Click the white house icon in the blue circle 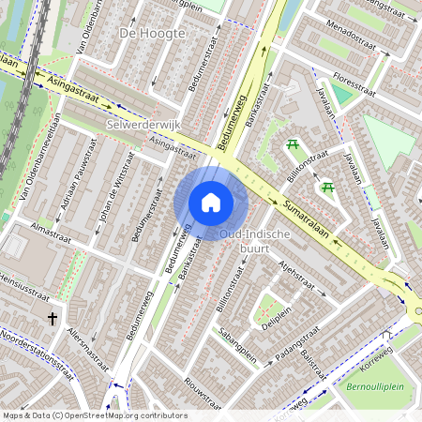[x=211, y=202]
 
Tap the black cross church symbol [x=53, y=319]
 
